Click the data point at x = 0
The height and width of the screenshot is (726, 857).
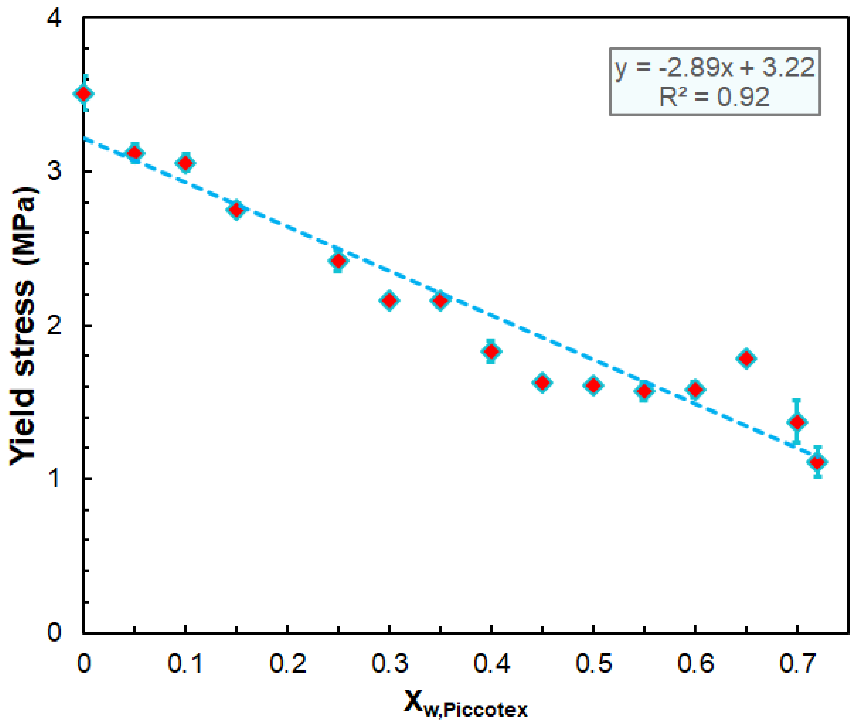(84, 93)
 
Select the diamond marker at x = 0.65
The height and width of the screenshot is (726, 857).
(746, 358)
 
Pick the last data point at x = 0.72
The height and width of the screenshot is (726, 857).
(818, 462)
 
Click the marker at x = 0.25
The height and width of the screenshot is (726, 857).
(338, 260)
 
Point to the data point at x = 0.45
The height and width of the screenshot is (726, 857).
(542, 382)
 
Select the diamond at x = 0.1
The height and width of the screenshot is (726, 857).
(185, 163)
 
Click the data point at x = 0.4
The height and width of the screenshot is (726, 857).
(491, 351)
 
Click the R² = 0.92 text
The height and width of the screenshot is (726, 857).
(715, 97)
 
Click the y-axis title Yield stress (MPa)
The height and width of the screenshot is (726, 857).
(24, 325)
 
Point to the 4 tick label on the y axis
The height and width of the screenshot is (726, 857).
(54, 18)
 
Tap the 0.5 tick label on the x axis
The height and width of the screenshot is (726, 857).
(593, 663)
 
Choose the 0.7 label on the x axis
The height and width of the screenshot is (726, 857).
(797, 663)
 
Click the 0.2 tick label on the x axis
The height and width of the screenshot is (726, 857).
(287, 663)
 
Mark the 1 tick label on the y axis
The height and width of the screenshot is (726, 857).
(54, 479)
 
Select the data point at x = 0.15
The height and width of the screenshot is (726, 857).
(236, 210)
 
